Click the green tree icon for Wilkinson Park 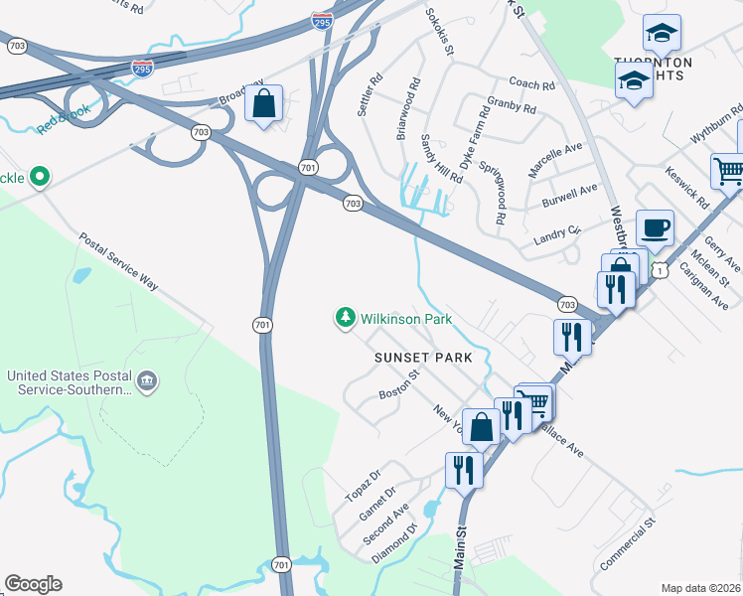[x=345, y=318]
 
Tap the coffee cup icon [x=655, y=227]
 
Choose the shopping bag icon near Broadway [x=264, y=102]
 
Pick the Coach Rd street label [x=530, y=85]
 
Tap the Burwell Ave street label [x=570, y=196]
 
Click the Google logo [x=33, y=584]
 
